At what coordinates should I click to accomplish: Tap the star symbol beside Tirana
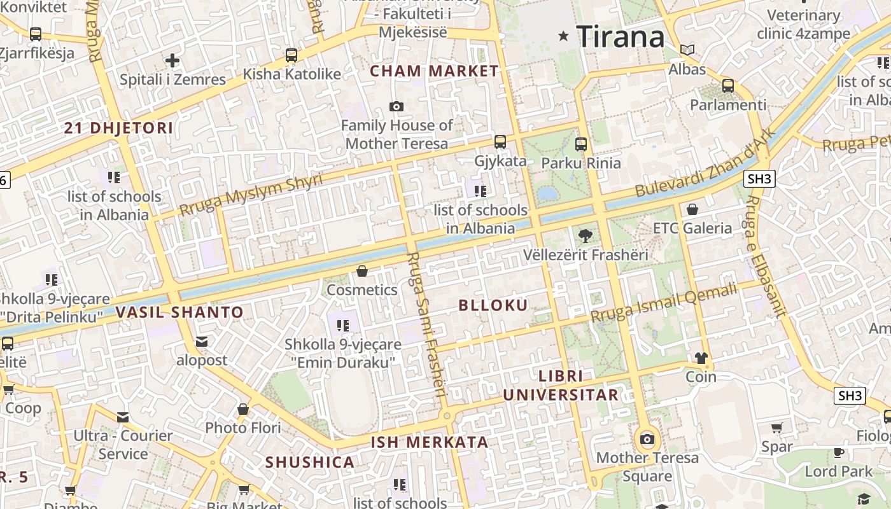point(563,36)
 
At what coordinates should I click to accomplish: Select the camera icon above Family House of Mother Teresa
point(396,106)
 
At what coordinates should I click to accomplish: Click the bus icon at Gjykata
point(500,141)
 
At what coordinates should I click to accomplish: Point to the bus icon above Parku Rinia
point(580,144)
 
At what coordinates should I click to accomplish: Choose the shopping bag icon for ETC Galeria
point(692,209)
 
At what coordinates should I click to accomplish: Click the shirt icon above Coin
point(701,358)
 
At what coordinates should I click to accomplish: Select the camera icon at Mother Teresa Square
point(647,438)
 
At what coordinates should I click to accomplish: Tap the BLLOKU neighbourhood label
point(493,305)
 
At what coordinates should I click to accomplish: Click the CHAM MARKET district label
point(434,71)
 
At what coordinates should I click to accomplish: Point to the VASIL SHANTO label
point(179,312)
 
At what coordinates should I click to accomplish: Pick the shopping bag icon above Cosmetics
point(362,272)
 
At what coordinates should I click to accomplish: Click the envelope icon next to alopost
point(202,342)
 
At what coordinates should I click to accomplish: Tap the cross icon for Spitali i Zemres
point(172,61)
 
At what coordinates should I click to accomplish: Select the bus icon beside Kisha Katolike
point(291,55)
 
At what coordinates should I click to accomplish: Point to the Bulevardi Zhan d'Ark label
point(706,163)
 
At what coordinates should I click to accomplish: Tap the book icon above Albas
point(687,50)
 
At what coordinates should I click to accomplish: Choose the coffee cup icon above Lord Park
point(839,453)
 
